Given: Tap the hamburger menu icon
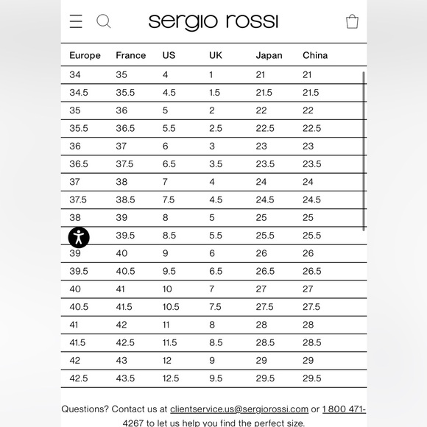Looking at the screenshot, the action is [76, 21].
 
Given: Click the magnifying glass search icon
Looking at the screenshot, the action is [104, 21].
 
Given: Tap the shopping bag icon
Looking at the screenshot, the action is [352, 21].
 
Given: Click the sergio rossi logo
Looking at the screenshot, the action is [213, 21].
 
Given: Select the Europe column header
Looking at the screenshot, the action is [85, 55].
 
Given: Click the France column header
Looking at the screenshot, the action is [131, 55].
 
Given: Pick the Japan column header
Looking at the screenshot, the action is [269, 55].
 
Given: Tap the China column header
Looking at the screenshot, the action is [315, 55].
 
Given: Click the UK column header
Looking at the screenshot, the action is [216, 55].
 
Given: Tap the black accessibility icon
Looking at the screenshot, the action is [79, 237].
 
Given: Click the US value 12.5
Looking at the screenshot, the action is [170, 378].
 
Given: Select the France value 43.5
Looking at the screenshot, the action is [125, 378].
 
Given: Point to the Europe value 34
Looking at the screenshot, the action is [75, 75].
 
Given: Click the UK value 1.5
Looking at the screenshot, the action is [214, 93].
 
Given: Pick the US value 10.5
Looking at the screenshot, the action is [170, 307].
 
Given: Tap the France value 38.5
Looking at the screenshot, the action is [125, 200].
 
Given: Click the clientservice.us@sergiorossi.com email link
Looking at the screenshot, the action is [239, 409].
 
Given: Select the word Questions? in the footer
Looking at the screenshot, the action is [85, 409].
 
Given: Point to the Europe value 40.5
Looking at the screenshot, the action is [79, 307].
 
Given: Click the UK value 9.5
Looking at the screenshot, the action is [215, 378].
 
